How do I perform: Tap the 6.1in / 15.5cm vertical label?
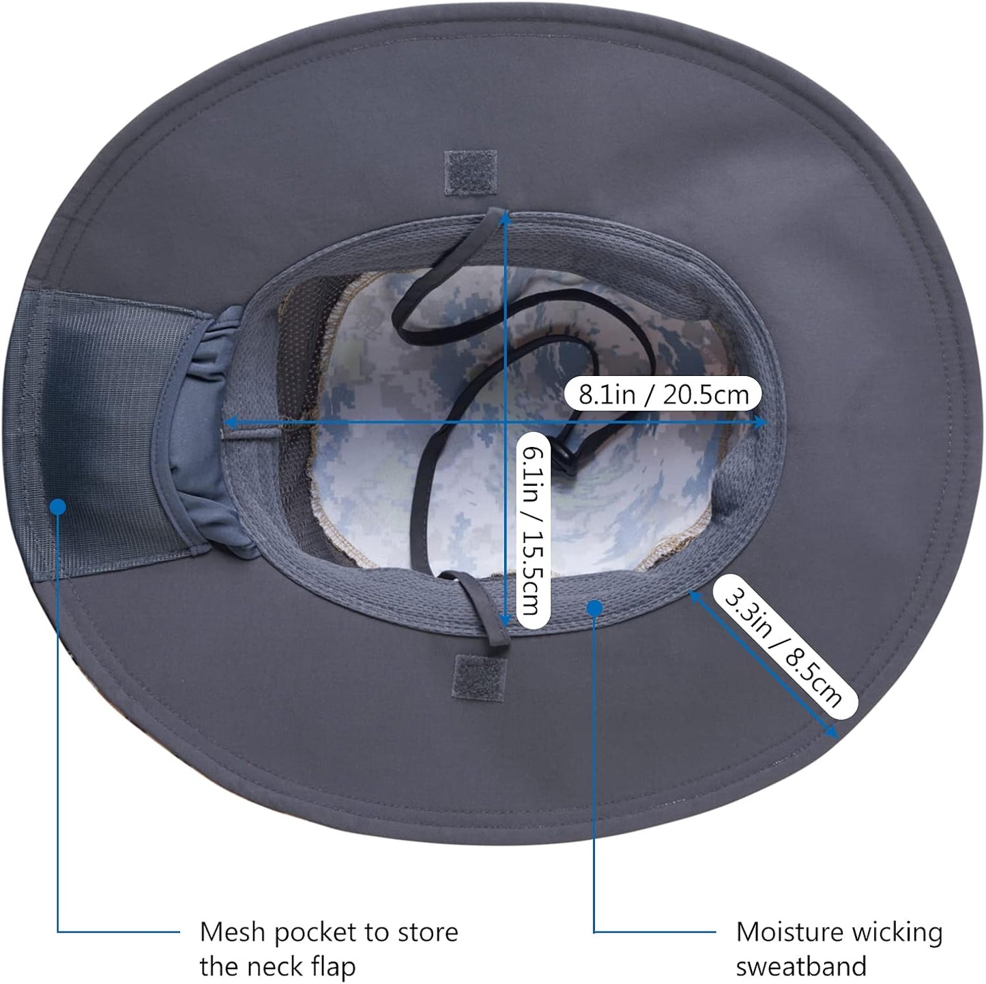tap(533, 529)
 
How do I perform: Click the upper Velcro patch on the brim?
tap(470, 173)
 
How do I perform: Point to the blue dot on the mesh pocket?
tap(58, 507)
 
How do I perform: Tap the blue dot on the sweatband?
tap(594, 608)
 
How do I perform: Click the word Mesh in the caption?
tap(232, 932)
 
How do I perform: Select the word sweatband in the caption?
tap(801, 966)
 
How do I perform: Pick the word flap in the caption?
tap(334, 967)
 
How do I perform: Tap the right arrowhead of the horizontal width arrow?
tap(760, 422)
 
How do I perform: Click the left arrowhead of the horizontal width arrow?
tap(231, 422)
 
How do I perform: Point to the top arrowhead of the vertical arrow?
tap(506, 218)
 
